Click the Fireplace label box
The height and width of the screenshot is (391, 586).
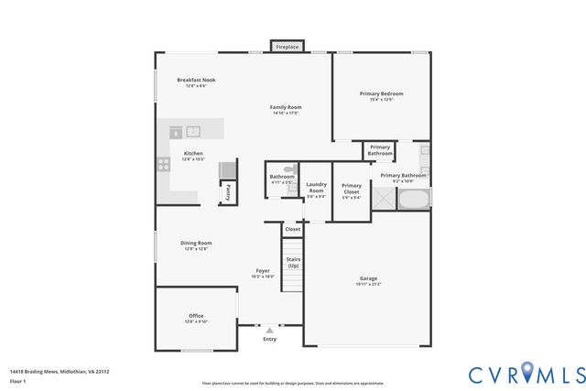coord(287,46)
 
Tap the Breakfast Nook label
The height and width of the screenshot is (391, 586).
coord(196,81)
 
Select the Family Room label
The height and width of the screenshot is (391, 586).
coord(286,107)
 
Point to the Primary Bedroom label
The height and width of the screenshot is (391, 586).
coord(381,93)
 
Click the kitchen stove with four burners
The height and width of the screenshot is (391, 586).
coord(164,166)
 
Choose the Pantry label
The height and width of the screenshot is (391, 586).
coord(226,193)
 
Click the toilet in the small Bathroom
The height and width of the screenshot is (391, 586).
coord(289,169)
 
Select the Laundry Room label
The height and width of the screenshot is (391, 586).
coord(316,187)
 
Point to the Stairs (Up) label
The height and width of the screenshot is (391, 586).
coord(293,262)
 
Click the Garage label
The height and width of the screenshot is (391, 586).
coord(368,278)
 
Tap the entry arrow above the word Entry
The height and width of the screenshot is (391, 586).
coord(269,330)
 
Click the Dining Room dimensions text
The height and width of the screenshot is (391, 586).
coord(197,249)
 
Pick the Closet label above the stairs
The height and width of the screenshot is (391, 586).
coord(292,229)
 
